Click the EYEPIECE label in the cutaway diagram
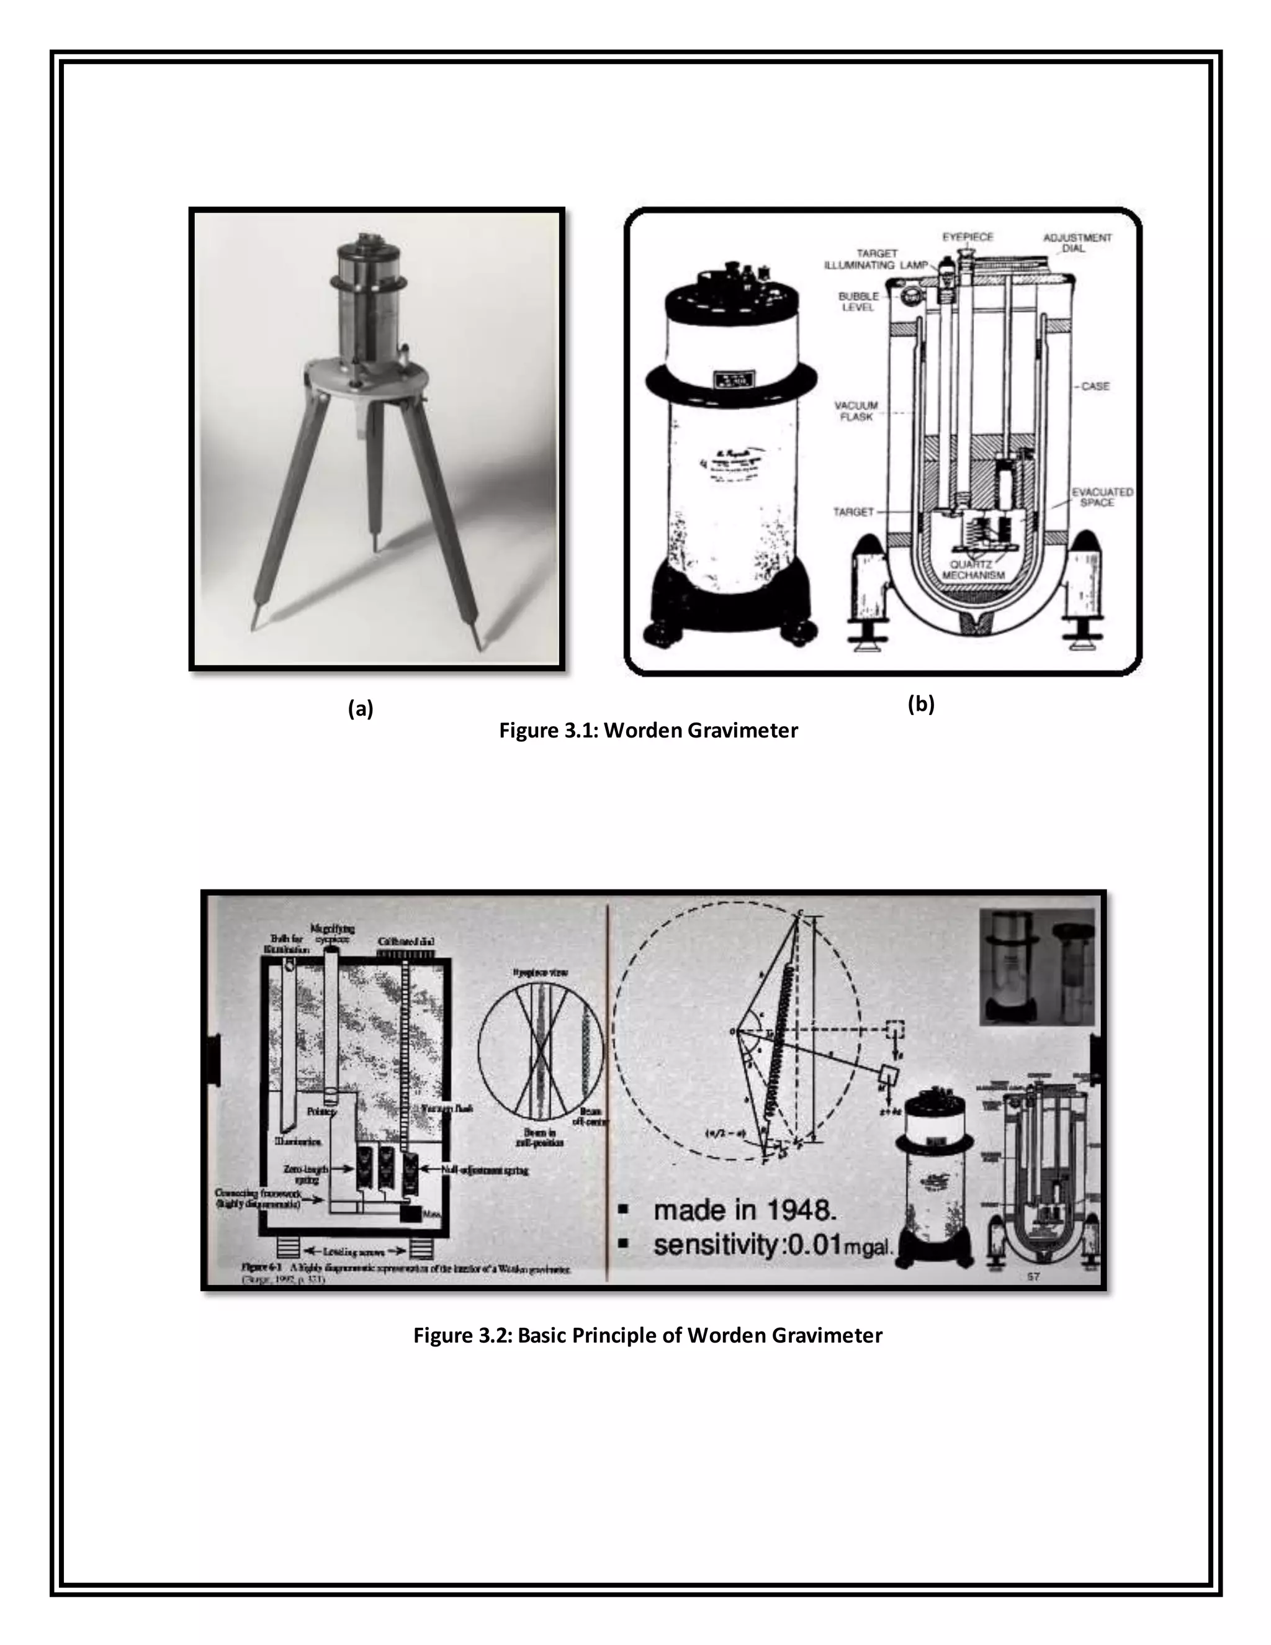[968, 237]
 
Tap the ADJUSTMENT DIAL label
[1077, 243]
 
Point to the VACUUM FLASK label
[856, 410]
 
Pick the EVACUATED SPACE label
[1102, 497]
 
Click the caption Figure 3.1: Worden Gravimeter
[649, 730]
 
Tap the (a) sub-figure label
[361, 708]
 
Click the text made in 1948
[744, 1211]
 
